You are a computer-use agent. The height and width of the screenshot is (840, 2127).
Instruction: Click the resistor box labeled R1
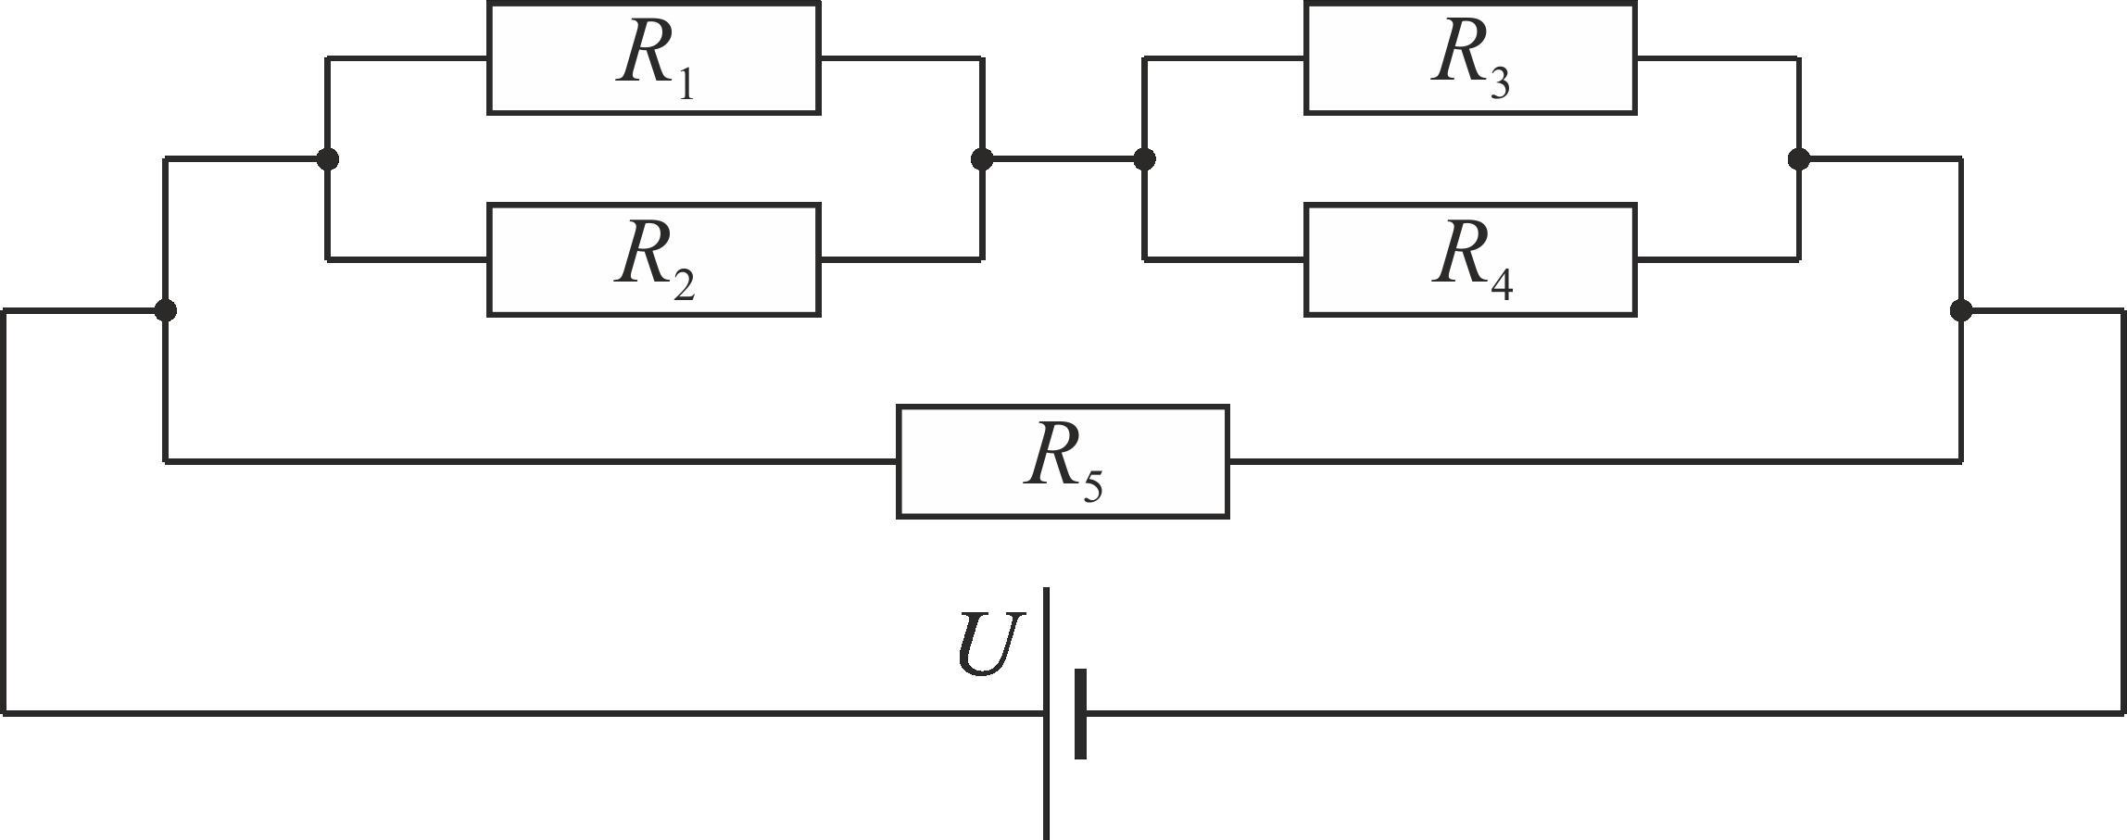pyautogui.click(x=654, y=58)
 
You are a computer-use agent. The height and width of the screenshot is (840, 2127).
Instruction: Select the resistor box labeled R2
pyautogui.click(x=654, y=260)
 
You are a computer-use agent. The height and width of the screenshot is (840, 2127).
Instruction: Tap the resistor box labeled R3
pyautogui.click(x=1470, y=58)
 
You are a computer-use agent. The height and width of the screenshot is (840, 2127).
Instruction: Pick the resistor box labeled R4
pyautogui.click(x=1470, y=260)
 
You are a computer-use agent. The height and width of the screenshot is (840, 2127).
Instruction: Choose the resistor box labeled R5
pyautogui.click(x=1063, y=461)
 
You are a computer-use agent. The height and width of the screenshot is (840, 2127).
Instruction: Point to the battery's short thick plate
pyautogui.click(x=1080, y=714)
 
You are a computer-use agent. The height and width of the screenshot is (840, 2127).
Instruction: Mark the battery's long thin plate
pyautogui.click(x=1047, y=713)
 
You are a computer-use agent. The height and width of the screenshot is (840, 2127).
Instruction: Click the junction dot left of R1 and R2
pyautogui.click(x=327, y=159)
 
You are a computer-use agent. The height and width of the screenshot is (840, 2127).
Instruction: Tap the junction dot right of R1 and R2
pyautogui.click(x=982, y=159)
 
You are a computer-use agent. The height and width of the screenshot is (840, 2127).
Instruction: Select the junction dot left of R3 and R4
pyautogui.click(x=1144, y=159)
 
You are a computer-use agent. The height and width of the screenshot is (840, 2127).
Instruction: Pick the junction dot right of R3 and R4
pyautogui.click(x=1799, y=159)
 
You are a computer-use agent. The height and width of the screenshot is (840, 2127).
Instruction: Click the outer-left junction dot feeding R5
pyautogui.click(x=165, y=310)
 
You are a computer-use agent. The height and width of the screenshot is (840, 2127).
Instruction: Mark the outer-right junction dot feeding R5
pyautogui.click(x=1961, y=310)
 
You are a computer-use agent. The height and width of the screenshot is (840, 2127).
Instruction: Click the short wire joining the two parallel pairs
pyautogui.click(x=1063, y=159)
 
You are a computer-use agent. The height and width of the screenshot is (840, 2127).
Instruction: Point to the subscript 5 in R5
pyautogui.click(x=1093, y=484)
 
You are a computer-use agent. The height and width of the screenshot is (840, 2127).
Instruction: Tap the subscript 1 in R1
pyautogui.click(x=686, y=81)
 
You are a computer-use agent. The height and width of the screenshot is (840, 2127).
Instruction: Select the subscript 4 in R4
pyautogui.click(x=1502, y=283)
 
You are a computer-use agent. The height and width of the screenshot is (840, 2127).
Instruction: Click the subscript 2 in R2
pyautogui.click(x=685, y=283)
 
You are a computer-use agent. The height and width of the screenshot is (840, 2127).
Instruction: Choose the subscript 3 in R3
pyautogui.click(x=1501, y=81)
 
